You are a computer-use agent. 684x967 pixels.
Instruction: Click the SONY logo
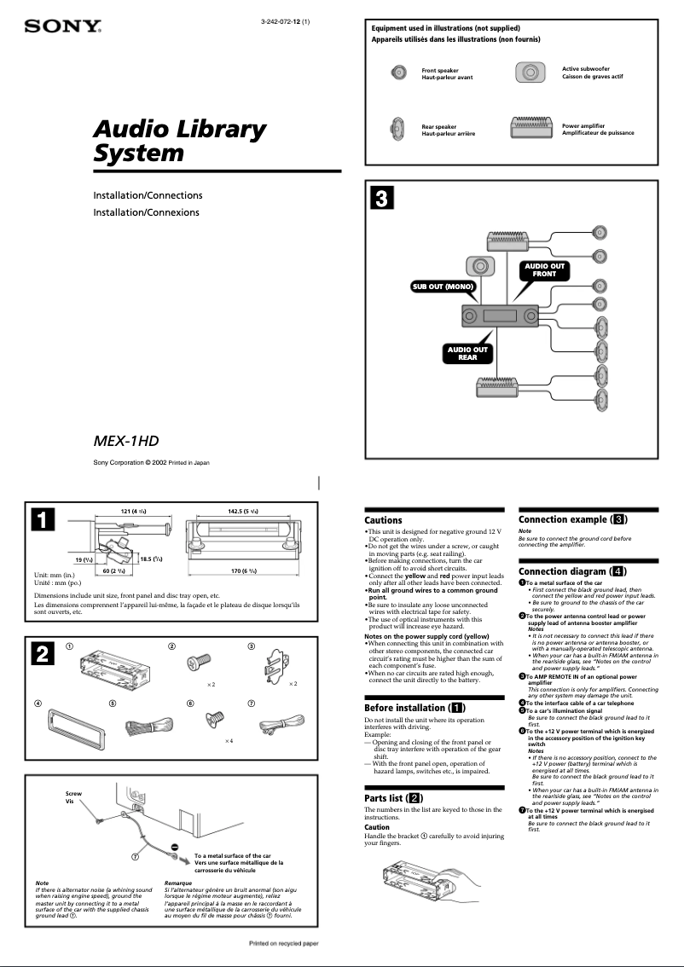point(62,27)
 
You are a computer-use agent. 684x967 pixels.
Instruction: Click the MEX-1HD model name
point(126,441)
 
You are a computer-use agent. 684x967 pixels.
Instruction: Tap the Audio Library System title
point(179,141)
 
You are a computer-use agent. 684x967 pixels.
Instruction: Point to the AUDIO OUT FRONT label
point(544,270)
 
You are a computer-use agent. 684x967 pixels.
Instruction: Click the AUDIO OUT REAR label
point(467,353)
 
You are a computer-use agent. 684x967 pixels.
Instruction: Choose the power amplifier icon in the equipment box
point(530,128)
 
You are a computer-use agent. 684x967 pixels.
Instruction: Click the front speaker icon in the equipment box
point(398,72)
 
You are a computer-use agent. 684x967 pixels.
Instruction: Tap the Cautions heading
point(383,520)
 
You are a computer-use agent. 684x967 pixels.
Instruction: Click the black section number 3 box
point(381,200)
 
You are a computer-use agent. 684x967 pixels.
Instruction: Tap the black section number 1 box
point(44,520)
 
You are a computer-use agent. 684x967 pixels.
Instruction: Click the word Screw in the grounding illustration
point(74,793)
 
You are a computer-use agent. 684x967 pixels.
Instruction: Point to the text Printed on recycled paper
point(283,944)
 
